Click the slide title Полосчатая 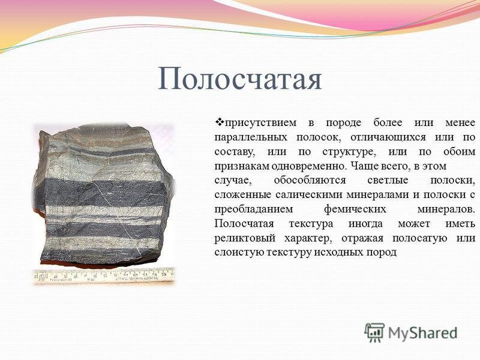[239, 79]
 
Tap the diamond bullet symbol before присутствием [220, 122]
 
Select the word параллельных [251, 137]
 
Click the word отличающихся [388, 137]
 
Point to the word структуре [349, 152]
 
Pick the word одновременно [310, 167]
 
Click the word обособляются [310, 181]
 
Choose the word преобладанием [253, 209]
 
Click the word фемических [355, 209]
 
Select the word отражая [362, 238]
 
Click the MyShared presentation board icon [374, 332]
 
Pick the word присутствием [260, 123]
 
